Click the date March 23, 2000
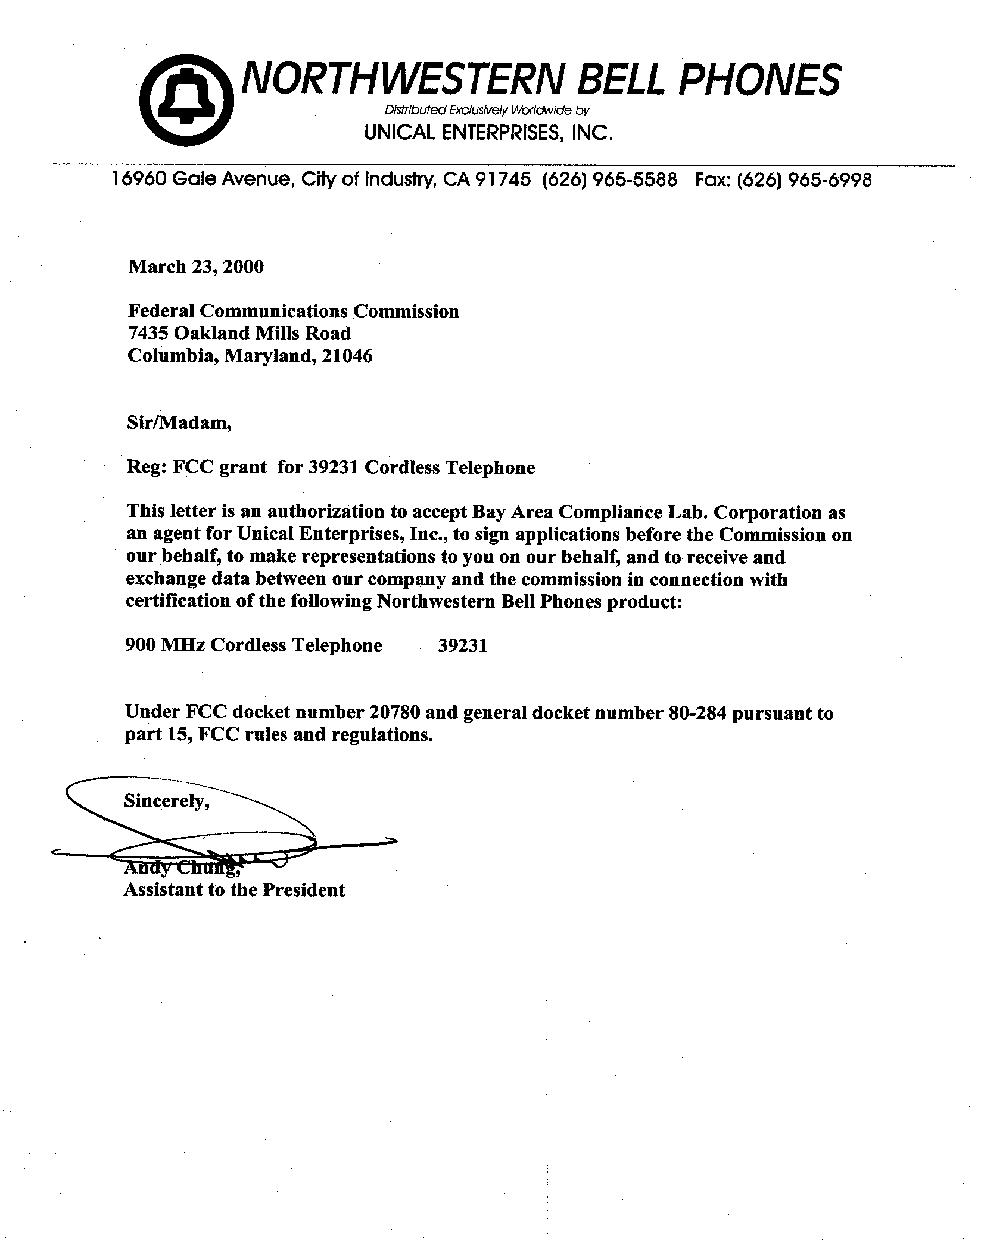pyautogui.click(x=196, y=267)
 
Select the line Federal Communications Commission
pyautogui.click(x=293, y=311)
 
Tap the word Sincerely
pyautogui.click(x=166, y=801)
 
